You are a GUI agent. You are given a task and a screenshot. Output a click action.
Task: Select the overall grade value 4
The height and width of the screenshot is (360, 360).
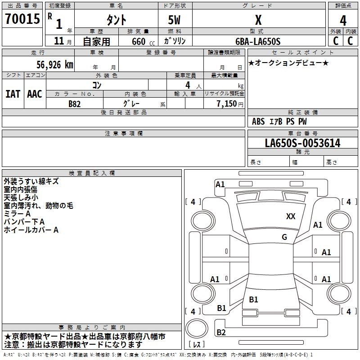pos(343,21)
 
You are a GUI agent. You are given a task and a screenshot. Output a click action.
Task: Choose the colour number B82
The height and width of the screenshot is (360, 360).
pos(74,103)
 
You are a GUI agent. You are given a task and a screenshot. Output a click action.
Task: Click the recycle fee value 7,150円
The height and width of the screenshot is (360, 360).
pos(230,103)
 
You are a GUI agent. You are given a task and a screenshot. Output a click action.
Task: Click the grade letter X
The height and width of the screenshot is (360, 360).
pos(258,20)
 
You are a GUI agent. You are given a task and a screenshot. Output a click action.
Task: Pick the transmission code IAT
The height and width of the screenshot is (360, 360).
pos(13,94)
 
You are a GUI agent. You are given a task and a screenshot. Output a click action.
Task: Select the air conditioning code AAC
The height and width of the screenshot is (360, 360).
pos(35,94)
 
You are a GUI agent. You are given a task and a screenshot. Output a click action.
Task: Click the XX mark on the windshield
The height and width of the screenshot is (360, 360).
pos(291,216)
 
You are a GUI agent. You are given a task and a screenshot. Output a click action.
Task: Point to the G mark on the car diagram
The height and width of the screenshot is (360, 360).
pos(284,237)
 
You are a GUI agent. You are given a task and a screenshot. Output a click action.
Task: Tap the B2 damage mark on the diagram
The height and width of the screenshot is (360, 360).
pos(221,333)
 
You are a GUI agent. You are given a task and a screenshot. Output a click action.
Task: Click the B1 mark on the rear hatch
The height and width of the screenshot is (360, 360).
pos(253,300)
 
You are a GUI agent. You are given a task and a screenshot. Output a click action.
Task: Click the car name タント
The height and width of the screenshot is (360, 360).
pos(116,21)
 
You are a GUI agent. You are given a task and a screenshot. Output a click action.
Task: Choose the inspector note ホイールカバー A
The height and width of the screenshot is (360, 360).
pos(31,230)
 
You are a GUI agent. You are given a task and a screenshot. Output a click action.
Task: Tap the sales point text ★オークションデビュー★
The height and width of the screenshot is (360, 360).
pos(288,63)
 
